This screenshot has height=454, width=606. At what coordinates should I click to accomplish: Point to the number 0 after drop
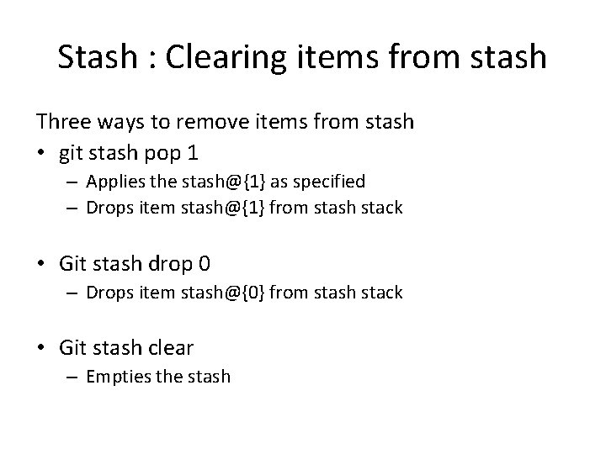[x=205, y=263]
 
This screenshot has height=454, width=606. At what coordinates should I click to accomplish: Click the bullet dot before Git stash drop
[x=42, y=264]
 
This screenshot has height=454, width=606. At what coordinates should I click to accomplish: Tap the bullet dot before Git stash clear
[x=42, y=347]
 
